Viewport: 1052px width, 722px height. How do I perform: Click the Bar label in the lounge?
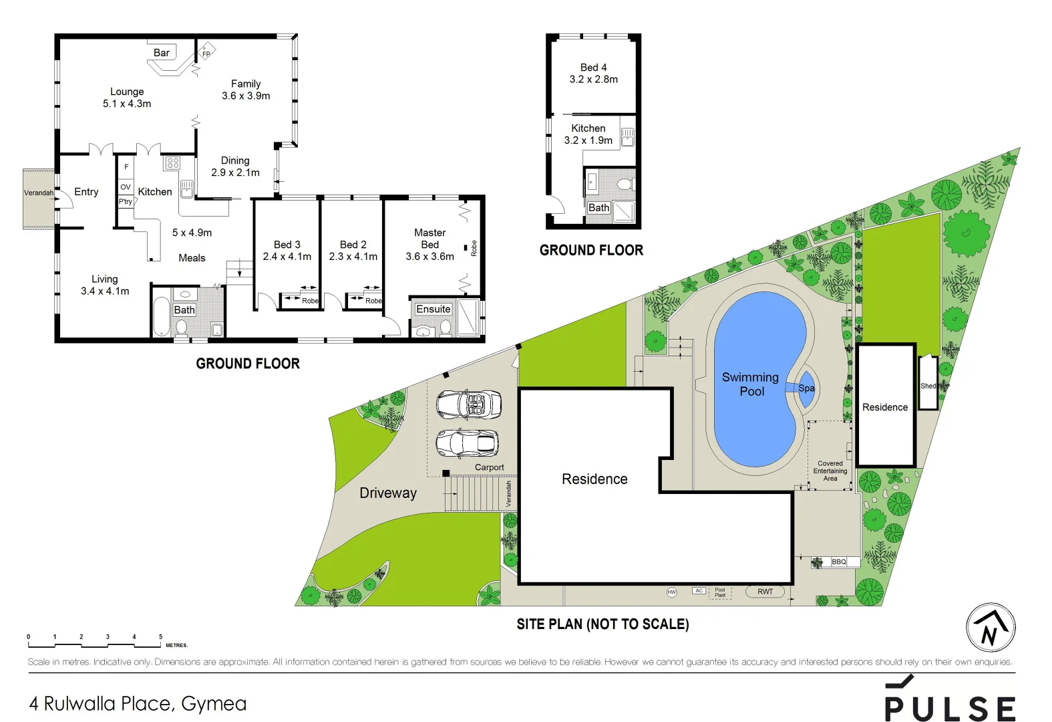(162, 53)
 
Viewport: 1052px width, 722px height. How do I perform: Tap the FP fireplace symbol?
(206, 53)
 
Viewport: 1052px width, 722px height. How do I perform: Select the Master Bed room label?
(429, 239)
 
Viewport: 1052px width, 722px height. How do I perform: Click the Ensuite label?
(433, 309)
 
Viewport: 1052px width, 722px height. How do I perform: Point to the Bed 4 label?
(593, 68)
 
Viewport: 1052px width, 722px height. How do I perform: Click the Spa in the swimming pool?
(806, 388)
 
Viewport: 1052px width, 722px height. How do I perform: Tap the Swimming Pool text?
(751, 384)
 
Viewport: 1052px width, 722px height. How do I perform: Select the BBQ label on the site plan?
(839, 562)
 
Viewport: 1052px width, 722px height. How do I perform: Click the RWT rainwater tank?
(765, 592)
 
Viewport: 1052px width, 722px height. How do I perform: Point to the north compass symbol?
(991, 628)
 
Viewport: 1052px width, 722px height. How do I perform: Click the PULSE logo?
(950, 701)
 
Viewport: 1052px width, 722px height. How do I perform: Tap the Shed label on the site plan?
(928, 386)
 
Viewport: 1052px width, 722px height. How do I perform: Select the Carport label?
(490, 467)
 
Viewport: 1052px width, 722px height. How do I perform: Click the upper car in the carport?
(469, 404)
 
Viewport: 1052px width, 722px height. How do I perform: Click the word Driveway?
(388, 493)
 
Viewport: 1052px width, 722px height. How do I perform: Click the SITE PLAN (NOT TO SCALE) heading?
(602, 624)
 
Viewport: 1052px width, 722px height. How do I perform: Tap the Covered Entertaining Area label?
(830, 471)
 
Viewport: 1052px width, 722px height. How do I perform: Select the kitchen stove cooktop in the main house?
(173, 162)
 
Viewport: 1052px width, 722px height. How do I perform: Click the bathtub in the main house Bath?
(161, 316)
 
